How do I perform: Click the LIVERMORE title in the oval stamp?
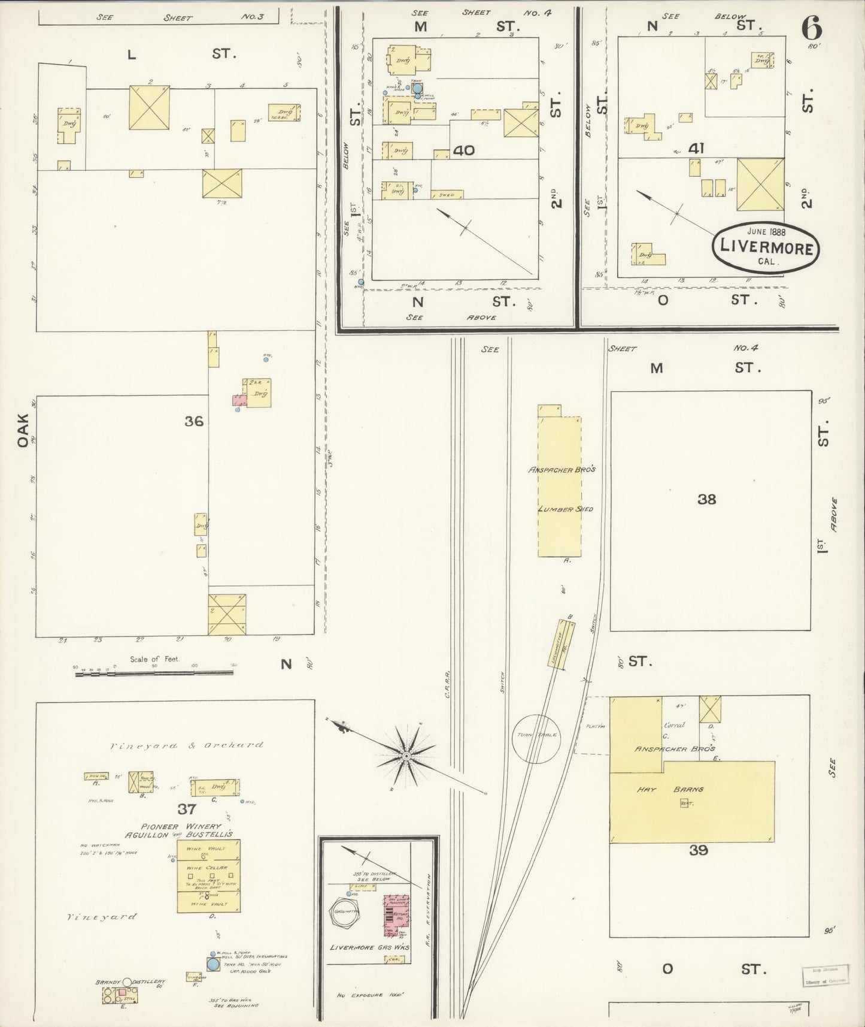pos(766,247)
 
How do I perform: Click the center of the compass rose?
pos(406,756)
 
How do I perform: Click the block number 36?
pos(193,421)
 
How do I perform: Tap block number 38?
pos(706,499)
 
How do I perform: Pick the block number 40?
pos(463,150)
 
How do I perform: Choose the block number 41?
pos(696,149)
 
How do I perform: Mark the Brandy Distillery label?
pos(130,982)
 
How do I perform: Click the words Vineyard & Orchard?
pos(186,745)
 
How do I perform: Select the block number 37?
pos(186,809)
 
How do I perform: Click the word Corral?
pos(673,724)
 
